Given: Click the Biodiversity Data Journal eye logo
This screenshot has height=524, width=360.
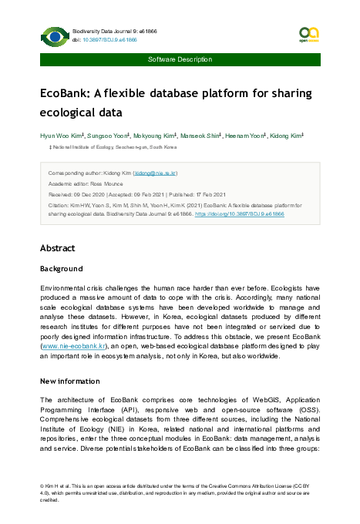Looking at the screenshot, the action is point(54,35).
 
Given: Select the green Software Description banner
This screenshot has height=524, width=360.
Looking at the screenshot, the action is point(180,59).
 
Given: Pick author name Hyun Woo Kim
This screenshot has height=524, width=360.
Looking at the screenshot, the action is point(60,135).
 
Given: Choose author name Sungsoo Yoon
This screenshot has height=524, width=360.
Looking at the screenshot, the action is point(106,135).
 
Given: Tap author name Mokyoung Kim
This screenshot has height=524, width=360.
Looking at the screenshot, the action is point(153,135).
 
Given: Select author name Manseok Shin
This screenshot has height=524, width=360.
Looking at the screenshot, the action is point(200,135).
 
